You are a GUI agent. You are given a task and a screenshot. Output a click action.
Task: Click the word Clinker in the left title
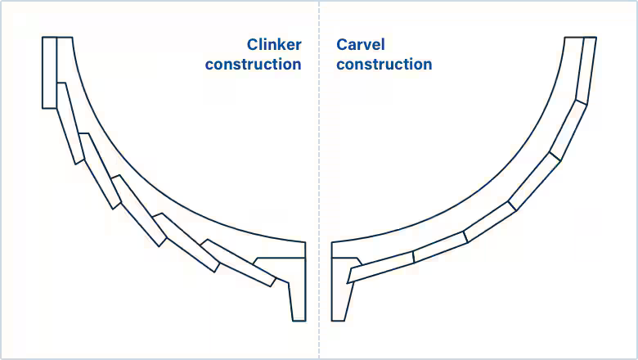[274, 45]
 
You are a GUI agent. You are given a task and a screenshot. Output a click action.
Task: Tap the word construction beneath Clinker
[253, 64]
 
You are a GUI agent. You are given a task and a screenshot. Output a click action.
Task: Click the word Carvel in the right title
[360, 45]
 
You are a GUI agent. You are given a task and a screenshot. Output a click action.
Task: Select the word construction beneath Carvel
[384, 64]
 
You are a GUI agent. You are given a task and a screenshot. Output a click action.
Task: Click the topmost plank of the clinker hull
[49, 72]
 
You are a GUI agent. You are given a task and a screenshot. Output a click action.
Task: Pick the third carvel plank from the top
[536, 180]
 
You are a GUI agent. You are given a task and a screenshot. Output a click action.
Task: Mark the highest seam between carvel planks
[582, 102]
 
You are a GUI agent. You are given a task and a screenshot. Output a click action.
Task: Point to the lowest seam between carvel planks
[414, 256]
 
